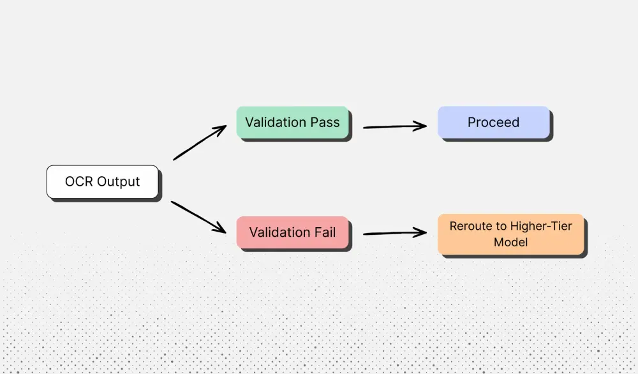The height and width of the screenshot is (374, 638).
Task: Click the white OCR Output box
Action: [x=102, y=182]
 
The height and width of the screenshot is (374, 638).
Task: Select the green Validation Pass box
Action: [x=292, y=123]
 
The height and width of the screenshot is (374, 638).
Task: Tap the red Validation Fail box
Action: [x=292, y=233]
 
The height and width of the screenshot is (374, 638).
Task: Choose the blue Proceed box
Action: [x=493, y=123]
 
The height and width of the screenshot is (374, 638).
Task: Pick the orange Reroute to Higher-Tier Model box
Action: [x=510, y=234]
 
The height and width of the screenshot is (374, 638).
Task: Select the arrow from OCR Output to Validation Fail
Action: [x=199, y=217]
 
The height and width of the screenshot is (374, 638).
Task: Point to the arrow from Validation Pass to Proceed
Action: [x=394, y=126]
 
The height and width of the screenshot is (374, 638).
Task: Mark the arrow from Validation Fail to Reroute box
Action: [x=394, y=234]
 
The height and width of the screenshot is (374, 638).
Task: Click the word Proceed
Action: [x=493, y=123]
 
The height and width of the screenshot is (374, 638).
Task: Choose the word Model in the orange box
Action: [x=510, y=243]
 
